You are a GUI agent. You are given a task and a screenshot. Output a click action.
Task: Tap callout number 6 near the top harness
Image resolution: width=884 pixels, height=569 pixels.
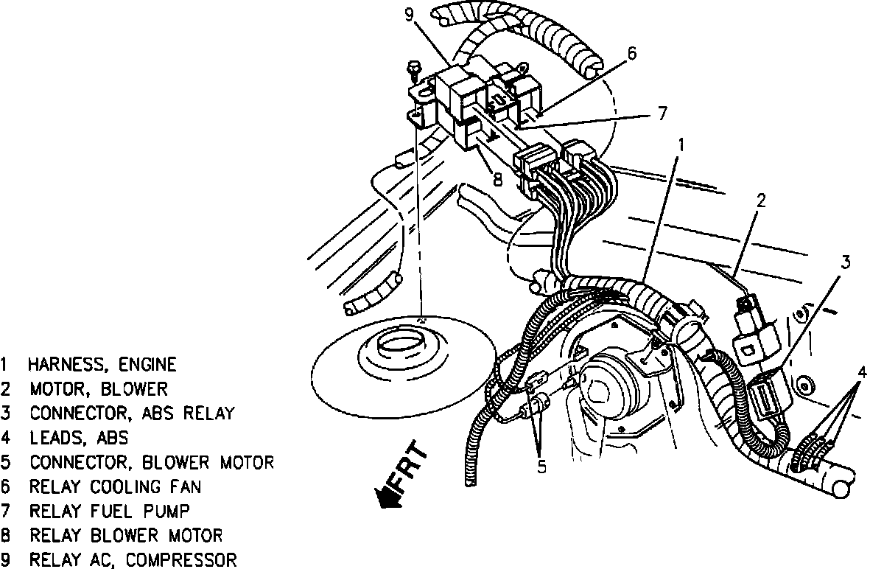[x=631, y=54]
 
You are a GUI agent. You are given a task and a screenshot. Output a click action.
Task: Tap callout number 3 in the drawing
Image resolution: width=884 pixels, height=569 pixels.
[x=846, y=262]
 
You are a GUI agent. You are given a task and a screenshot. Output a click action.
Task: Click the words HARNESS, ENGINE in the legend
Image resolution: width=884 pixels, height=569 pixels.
[x=102, y=364]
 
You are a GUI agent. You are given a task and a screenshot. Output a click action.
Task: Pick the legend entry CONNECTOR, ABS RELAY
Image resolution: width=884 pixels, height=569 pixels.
[x=132, y=413]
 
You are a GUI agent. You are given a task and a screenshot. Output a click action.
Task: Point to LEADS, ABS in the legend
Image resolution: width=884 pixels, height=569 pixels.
[x=79, y=438]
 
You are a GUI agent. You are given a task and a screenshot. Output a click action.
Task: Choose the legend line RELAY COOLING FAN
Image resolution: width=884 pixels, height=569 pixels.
[x=115, y=486]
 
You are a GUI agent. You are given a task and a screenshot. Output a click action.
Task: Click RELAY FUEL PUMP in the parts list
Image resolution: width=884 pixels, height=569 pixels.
[x=110, y=511]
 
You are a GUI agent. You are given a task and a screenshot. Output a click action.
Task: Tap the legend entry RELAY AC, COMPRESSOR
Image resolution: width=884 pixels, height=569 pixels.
[x=133, y=559]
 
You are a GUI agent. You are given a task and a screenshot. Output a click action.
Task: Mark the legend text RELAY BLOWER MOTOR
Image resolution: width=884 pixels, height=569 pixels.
[x=126, y=535]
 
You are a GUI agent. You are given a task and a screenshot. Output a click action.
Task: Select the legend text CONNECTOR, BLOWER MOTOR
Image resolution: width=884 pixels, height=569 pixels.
[x=152, y=462]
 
